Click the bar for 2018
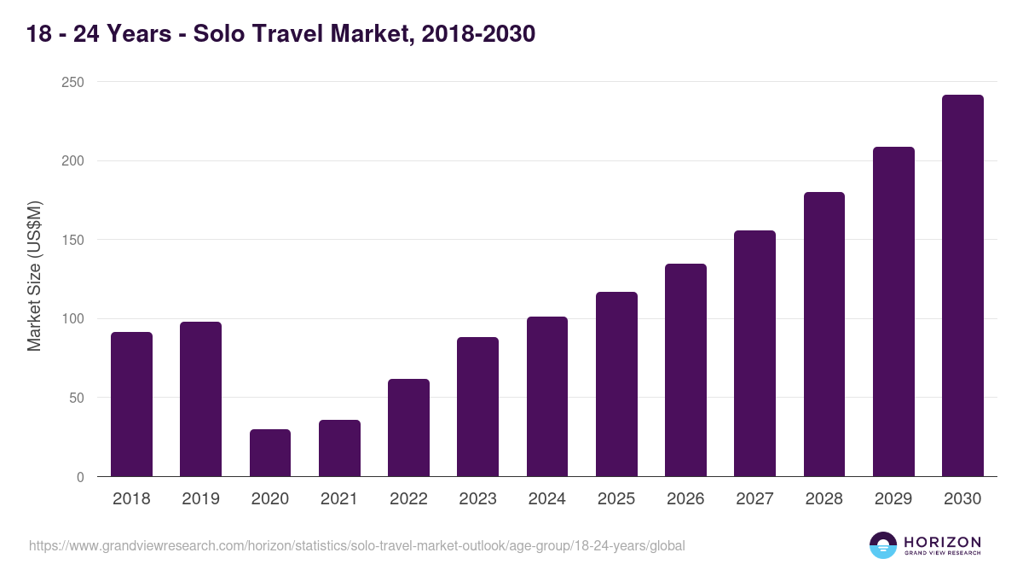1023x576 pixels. coord(131,404)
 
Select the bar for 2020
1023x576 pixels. coord(270,453)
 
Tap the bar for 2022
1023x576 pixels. coord(408,428)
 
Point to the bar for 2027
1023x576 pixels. coord(754,353)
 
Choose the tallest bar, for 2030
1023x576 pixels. coord(962,286)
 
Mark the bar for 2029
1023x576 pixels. coord(893,311)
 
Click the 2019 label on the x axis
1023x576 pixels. coord(200,499)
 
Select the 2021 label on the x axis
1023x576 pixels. coord(339,499)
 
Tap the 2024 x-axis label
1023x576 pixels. coord(547,499)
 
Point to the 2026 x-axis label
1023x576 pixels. coord(685,499)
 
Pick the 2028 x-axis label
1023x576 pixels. coord(824,499)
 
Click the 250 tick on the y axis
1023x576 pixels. coord(72,82)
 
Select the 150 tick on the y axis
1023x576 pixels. coord(72,240)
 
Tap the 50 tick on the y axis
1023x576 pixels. coord(76,398)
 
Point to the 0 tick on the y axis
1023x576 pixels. coord(80,477)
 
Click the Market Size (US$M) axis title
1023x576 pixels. coord(34,276)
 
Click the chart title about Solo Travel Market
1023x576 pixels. coord(280,34)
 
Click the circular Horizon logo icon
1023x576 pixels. coord(883,545)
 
